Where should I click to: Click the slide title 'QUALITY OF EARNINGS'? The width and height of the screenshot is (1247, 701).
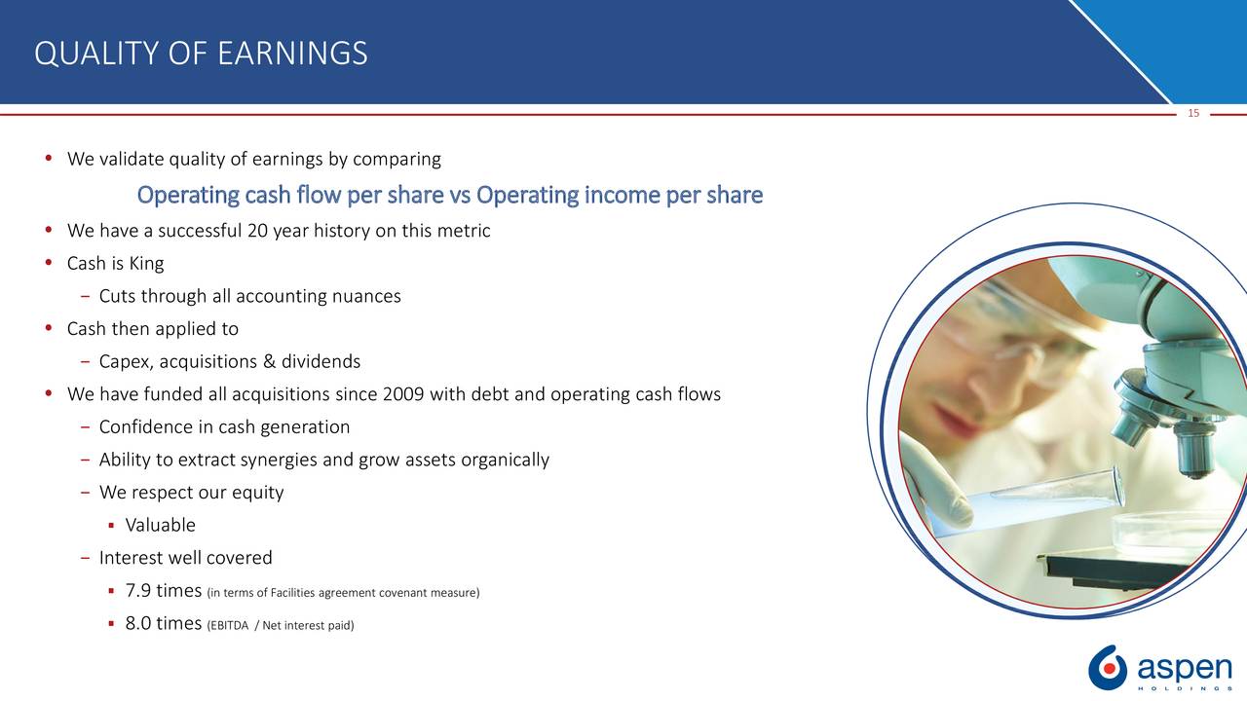click(x=201, y=54)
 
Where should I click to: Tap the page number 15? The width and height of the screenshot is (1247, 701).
click(x=1193, y=114)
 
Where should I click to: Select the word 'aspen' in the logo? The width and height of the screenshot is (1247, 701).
click(x=1185, y=667)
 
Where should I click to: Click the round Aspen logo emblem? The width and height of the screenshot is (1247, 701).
click(x=1108, y=668)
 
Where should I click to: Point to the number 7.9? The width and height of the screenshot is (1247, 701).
click(x=138, y=590)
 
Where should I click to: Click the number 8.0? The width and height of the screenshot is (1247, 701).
click(x=138, y=623)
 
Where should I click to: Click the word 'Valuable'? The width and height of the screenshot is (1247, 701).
click(x=161, y=525)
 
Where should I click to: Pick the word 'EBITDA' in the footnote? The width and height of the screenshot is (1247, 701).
click(x=229, y=626)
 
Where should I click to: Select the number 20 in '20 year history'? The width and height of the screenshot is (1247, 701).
click(x=258, y=231)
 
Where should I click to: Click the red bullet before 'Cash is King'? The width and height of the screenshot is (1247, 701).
click(x=49, y=263)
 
